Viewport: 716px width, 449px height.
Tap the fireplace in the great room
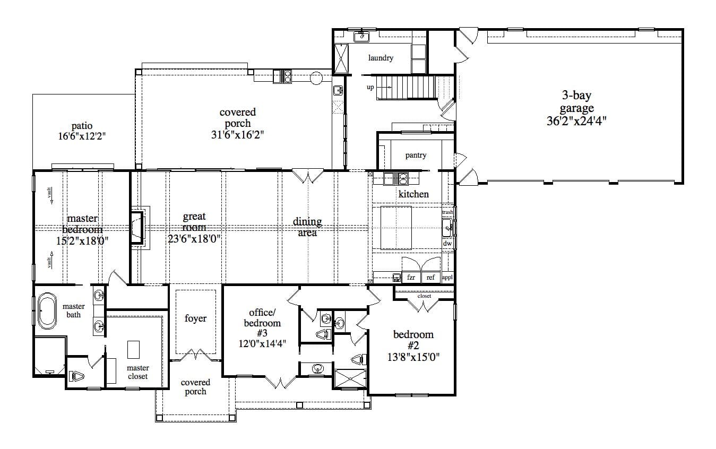pyautogui.click(x=136, y=227)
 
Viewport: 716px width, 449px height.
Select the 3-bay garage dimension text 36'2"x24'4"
pyautogui.click(x=576, y=120)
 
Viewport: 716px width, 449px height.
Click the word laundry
pyautogui.click(x=381, y=58)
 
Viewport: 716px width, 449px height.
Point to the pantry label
pyautogui.click(x=416, y=156)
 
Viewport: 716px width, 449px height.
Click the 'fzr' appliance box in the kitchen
pyautogui.click(x=411, y=277)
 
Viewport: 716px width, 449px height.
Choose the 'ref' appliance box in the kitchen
pyautogui.click(x=430, y=277)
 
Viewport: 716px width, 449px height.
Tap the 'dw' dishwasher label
pyautogui.click(x=447, y=244)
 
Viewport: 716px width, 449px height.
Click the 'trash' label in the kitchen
pyautogui.click(x=447, y=212)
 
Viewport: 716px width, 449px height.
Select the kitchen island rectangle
pyautogui.click(x=396, y=227)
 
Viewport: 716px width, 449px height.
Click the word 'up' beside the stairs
pyautogui.click(x=370, y=87)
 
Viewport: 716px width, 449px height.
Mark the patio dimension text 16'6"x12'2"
pyautogui.click(x=82, y=136)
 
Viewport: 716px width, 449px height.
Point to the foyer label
pyautogui.click(x=195, y=318)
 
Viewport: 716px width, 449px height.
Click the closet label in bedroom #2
pyautogui.click(x=424, y=296)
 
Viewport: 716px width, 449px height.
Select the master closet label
pyautogui.click(x=137, y=372)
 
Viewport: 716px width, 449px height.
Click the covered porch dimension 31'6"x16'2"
pyautogui.click(x=237, y=135)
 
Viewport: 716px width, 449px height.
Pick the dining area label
pyautogui.click(x=307, y=227)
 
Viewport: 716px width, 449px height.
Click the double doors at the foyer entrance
pyautogui.click(x=196, y=355)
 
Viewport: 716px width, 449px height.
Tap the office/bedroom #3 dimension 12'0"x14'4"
pyautogui.click(x=262, y=343)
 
